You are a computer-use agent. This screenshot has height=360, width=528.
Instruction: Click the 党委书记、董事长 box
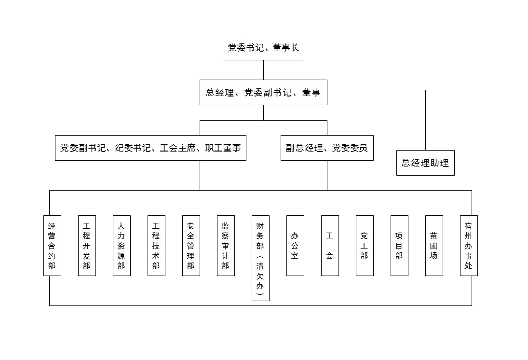click(x=263, y=47)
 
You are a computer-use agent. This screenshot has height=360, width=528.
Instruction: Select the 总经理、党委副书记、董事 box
click(x=263, y=92)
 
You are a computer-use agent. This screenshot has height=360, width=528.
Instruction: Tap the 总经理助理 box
click(x=425, y=163)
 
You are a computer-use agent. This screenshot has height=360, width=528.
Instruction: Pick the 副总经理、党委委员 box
click(x=327, y=148)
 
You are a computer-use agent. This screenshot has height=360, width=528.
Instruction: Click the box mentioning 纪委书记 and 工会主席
click(x=150, y=148)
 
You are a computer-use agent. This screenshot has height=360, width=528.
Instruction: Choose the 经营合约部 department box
click(x=52, y=246)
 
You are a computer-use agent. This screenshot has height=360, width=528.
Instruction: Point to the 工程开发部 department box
click(x=87, y=246)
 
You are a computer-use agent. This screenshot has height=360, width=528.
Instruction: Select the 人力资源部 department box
click(x=122, y=246)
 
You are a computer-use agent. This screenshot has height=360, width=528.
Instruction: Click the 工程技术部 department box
click(x=156, y=246)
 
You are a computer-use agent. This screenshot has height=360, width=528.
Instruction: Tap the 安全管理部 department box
click(x=191, y=246)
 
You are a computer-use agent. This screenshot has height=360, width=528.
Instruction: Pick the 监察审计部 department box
click(x=226, y=246)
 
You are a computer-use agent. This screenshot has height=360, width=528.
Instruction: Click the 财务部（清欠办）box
click(x=260, y=258)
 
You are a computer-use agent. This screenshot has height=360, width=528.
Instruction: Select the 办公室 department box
click(x=295, y=246)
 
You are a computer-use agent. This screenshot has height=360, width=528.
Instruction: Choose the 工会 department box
click(x=330, y=246)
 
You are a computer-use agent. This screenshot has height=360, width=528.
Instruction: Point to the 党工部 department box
click(x=365, y=246)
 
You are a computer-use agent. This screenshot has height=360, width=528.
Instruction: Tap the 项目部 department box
click(x=399, y=246)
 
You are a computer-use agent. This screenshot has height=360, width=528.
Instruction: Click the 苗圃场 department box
click(x=434, y=246)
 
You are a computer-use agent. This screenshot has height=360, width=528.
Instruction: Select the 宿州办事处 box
click(x=469, y=246)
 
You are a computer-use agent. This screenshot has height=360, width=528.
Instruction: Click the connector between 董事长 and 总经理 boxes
click(x=263, y=70)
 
